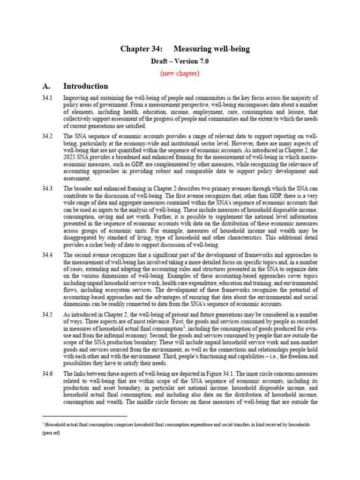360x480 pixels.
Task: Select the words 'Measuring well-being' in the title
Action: (x=212, y=49)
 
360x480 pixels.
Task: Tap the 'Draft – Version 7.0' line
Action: (x=180, y=61)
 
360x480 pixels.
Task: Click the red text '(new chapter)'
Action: (x=180, y=73)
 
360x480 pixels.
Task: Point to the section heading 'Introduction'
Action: (x=86, y=86)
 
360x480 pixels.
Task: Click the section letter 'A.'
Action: (x=46, y=86)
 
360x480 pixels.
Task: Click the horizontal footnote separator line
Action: (x=84, y=415)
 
